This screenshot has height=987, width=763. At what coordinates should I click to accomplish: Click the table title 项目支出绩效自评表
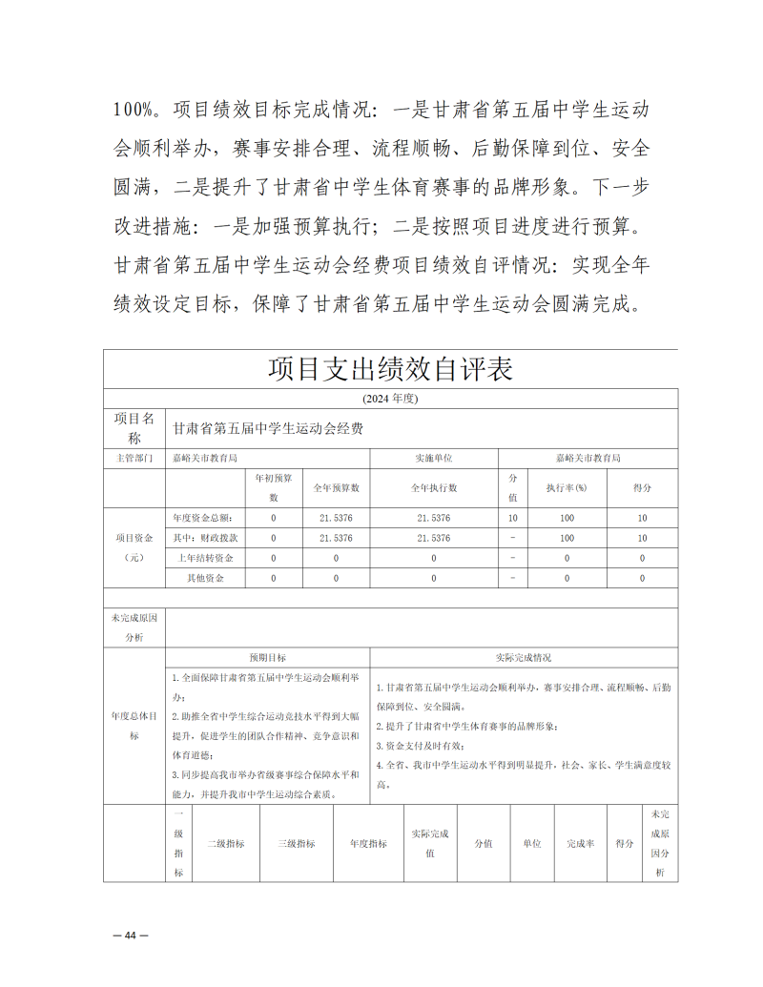click(390, 368)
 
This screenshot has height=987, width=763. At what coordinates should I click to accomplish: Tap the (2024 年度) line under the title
click(390, 398)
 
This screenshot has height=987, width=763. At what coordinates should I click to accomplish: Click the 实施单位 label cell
click(433, 459)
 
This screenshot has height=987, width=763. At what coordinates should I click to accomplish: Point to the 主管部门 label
click(134, 459)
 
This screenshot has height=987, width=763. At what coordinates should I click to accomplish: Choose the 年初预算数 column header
click(274, 487)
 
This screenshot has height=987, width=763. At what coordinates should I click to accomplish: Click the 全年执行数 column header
click(433, 487)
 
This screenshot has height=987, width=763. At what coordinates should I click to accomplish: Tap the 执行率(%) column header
click(567, 487)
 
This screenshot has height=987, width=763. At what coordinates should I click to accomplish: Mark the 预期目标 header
click(268, 658)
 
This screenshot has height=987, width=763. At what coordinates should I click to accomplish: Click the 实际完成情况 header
click(524, 658)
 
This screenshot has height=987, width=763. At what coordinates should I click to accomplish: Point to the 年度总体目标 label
click(134, 725)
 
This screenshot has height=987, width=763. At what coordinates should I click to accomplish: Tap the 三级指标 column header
click(297, 844)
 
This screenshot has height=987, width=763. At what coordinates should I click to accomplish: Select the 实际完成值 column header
click(429, 844)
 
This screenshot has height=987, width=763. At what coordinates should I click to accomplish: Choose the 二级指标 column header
click(226, 844)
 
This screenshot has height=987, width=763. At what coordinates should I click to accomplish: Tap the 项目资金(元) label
click(134, 547)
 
